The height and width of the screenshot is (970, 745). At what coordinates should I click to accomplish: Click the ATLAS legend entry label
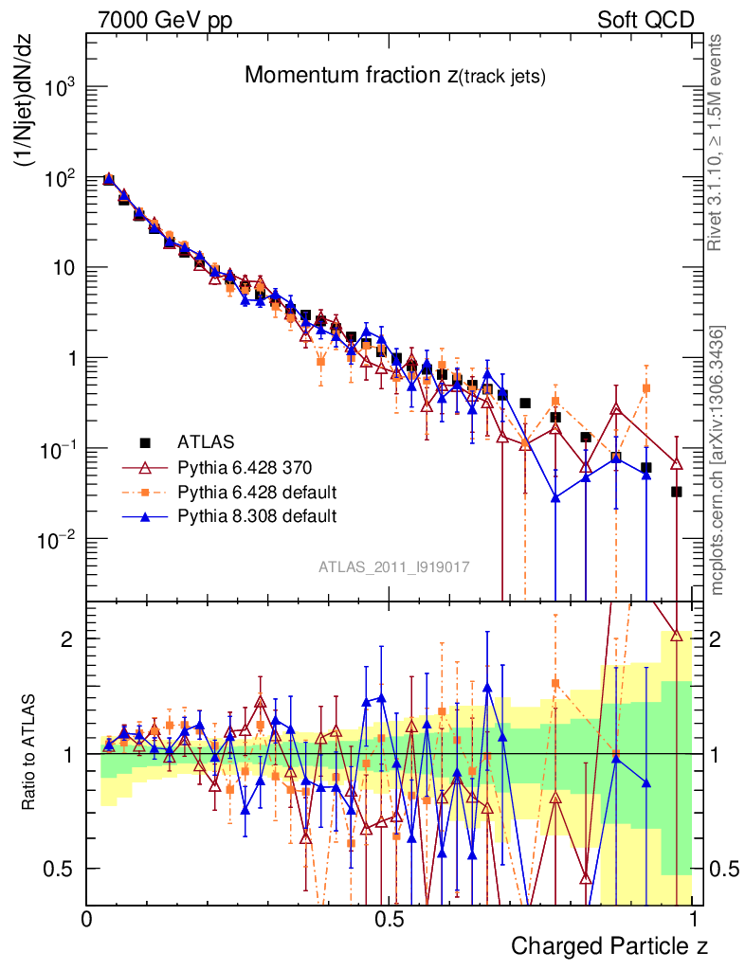[207, 441]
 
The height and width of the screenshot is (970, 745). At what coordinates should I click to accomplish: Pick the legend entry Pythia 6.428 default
[258, 492]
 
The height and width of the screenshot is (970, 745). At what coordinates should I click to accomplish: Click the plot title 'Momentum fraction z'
[394, 76]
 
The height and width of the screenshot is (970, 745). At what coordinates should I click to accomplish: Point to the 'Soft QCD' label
[645, 20]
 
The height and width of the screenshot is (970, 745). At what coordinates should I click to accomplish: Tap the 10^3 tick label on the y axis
[61, 88]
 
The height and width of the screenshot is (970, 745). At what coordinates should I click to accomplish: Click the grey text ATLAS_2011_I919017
[394, 567]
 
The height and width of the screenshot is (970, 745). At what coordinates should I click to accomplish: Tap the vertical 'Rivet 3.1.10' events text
[717, 142]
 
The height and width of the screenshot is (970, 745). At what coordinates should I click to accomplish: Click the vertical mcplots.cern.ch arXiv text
[718, 459]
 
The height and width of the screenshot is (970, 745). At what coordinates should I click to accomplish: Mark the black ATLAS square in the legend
[145, 441]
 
